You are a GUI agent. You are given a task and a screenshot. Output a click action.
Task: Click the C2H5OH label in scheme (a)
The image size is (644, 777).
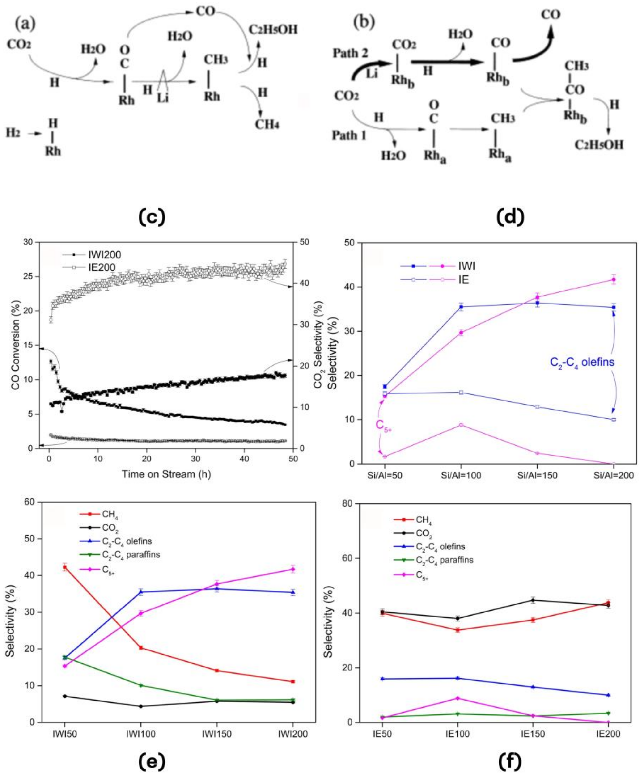coord(273,30)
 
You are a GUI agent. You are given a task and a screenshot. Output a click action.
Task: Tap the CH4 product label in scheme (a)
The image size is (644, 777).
coord(267,124)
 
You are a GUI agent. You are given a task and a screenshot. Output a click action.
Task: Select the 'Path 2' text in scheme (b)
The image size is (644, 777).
coord(351,53)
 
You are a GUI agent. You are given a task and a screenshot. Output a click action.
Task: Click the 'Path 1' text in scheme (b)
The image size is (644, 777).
coord(349,135)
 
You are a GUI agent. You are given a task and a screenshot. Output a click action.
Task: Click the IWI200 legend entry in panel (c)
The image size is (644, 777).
coord(104,255)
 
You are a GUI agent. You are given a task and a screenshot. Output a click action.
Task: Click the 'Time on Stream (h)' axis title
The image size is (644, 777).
coord(166,474)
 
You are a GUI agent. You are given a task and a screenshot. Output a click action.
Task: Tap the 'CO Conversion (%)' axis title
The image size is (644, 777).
coord(15,345)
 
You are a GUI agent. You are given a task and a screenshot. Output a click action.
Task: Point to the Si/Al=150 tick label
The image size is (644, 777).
coord(537,475)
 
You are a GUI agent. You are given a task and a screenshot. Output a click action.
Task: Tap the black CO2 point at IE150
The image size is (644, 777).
coord(533,600)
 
